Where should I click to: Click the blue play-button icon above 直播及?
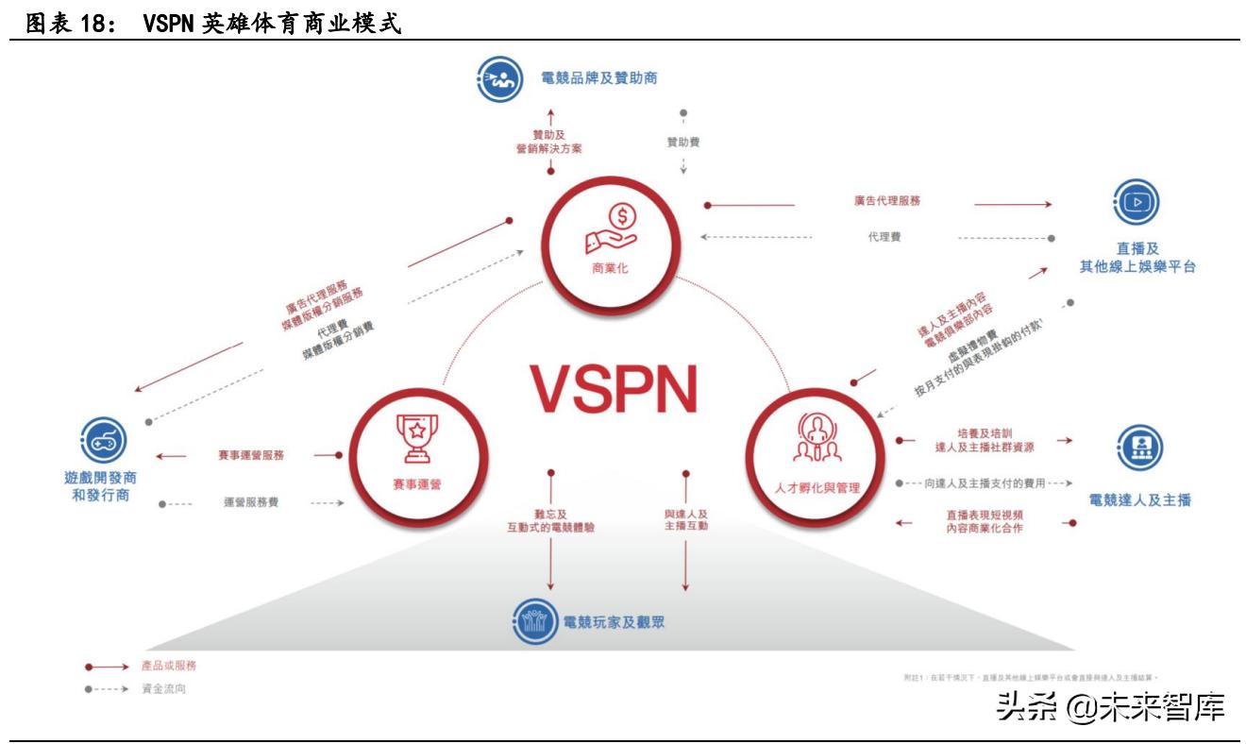click(x=1136, y=201)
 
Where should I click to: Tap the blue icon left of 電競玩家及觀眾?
click(x=533, y=622)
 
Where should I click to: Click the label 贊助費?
click(x=682, y=143)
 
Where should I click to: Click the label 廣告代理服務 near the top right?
click(x=886, y=201)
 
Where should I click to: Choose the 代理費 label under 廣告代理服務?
click(x=884, y=237)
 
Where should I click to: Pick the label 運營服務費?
click(x=251, y=503)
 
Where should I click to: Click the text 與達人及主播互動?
click(x=685, y=520)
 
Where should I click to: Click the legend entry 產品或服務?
click(x=170, y=666)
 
